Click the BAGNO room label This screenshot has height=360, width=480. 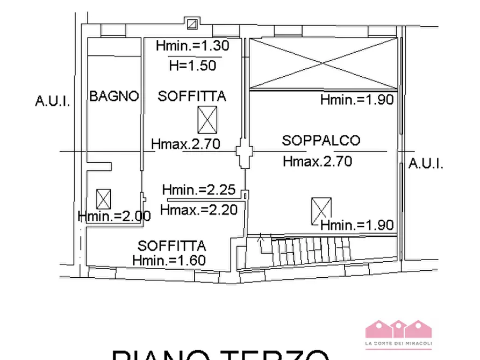pyautogui.click(x=114, y=97)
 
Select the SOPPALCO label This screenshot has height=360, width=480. pyautogui.click(x=321, y=141)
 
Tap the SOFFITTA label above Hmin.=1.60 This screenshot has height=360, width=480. pyautogui.click(x=171, y=247)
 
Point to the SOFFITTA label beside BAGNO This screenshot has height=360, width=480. pyautogui.click(x=192, y=97)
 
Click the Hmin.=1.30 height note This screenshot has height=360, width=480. pyautogui.click(x=192, y=46)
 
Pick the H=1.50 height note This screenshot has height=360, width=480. pyautogui.click(x=192, y=66)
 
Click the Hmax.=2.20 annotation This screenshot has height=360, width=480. pyautogui.click(x=199, y=210)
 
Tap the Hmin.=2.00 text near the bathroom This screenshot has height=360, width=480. pyautogui.click(x=114, y=216)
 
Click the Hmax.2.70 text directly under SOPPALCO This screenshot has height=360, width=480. pyautogui.click(x=318, y=161)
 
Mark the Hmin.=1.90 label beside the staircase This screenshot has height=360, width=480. pyautogui.click(x=357, y=225)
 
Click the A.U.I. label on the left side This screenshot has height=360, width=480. pyautogui.click(x=52, y=101)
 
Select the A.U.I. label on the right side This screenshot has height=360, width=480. pyautogui.click(x=426, y=164)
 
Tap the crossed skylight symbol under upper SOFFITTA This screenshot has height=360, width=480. pyautogui.click(x=207, y=119)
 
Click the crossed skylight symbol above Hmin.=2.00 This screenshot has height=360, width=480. pyautogui.click(x=104, y=199)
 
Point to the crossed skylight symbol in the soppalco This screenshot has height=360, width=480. pyautogui.click(x=321, y=211)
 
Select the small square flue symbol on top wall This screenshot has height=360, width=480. pyautogui.click(x=192, y=24)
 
